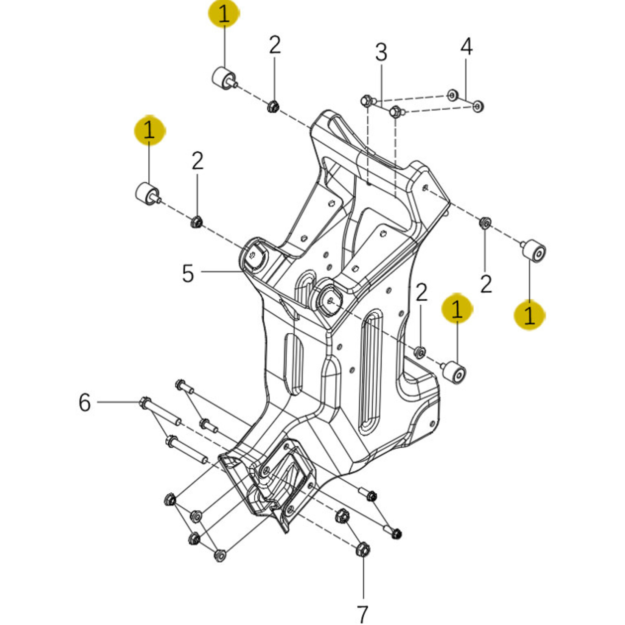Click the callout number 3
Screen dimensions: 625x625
tap(381, 52)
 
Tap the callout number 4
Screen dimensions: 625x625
tap(466, 47)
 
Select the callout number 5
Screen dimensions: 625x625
tap(188, 273)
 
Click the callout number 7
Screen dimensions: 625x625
tap(362, 614)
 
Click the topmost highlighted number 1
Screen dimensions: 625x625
tap(224, 14)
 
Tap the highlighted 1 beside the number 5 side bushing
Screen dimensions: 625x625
tap(149, 131)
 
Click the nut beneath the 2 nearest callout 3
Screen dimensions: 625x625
tap(273, 106)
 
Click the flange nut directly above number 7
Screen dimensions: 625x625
tap(363, 549)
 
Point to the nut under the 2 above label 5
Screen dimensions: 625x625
tap(196, 222)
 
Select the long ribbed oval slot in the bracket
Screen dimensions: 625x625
tap(370, 373)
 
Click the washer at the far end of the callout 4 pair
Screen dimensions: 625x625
tap(478, 106)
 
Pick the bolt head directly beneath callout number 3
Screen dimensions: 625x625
tap(366, 101)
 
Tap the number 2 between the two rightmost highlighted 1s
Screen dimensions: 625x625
tap(486, 284)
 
